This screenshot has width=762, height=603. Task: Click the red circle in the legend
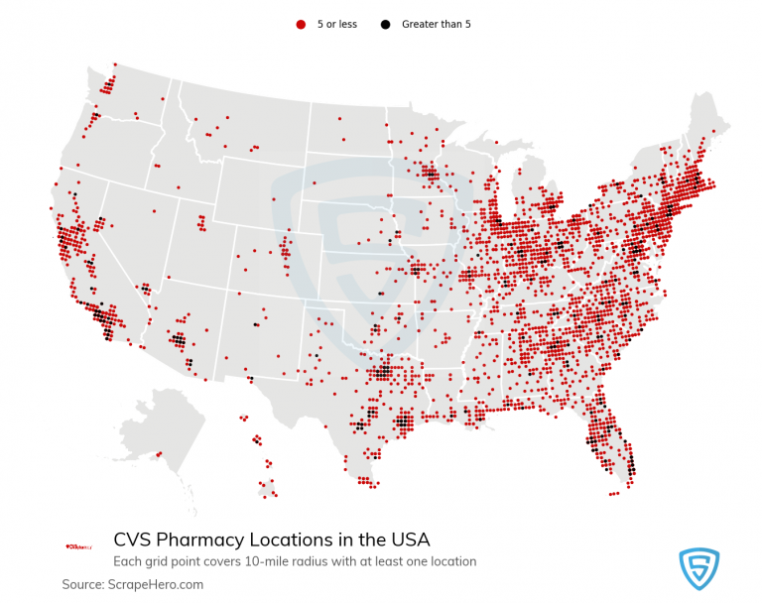coord(301,24)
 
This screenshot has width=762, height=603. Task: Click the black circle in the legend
coord(385,24)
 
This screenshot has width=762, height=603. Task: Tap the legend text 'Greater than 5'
coord(436,24)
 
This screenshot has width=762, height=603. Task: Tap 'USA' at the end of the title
coord(409,541)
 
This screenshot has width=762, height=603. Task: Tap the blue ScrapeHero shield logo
coord(698,568)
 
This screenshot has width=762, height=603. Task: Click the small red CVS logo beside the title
coord(78,546)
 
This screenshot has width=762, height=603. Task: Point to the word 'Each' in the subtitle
coord(127,561)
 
